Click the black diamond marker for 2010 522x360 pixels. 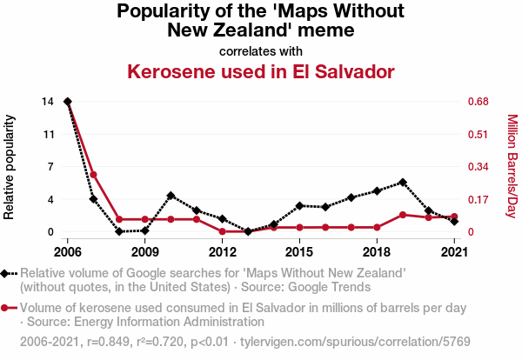pyautogui.click(x=171, y=196)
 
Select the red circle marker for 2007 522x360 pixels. pyautogui.click(x=93, y=175)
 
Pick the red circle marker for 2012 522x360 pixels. pyautogui.click(x=223, y=231)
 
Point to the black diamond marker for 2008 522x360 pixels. pyautogui.click(x=119, y=231)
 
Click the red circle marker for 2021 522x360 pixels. pyautogui.click(x=454, y=217)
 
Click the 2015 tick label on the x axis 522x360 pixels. pyautogui.click(x=299, y=252)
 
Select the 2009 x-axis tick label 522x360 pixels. pyautogui.click(x=144, y=252)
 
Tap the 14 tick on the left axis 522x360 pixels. pyautogui.click(x=47, y=102)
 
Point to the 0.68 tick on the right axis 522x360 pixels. pyautogui.click(x=478, y=102)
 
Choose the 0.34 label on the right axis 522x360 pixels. pyautogui.click(x=478, y=167)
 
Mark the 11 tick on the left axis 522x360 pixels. pyautogui.click(x=47, y=134)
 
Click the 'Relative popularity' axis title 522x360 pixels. pyautogui.click(x=10, y=166)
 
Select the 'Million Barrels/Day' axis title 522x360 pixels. pyautogui.click(x=512, y=166)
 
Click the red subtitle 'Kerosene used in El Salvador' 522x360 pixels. pyautogui.click(x=261, y=70)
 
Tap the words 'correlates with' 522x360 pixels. pyautogui.click(x=261, y=50)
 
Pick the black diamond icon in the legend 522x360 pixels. pyautogui.click(x=9, y=273)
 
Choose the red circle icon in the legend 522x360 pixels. pyautogui.click(x=9, y=308)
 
